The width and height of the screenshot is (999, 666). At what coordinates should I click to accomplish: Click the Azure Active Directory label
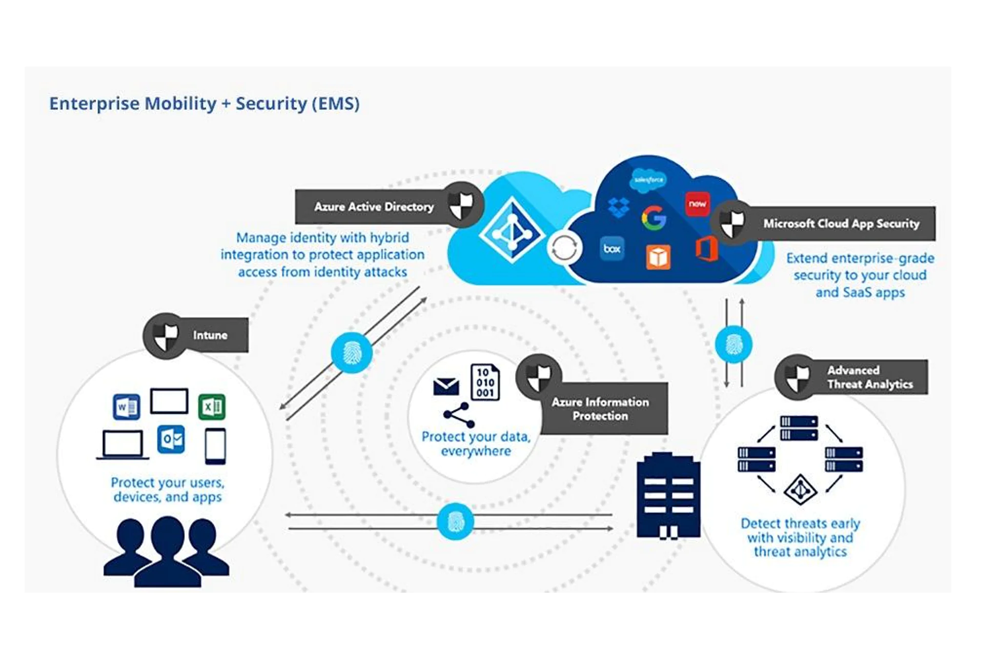pyautogui.click(x=374, y=207)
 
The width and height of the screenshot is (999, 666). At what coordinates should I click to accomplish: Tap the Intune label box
pyautogui.click(x=210, y=335)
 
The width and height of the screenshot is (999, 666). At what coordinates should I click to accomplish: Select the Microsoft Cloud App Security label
pyautogui.click(x=841, y=224)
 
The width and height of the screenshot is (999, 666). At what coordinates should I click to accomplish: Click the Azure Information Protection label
pyautogui.click(x=600, y=409)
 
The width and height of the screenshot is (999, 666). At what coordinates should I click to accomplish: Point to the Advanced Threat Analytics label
pyautogui.click(x=869, y=377)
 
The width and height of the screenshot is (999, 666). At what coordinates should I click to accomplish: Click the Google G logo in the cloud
pyautogui.click(x=654, y=218)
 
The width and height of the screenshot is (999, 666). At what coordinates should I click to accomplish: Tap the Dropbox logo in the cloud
pyautogui.click(x=619, y=207)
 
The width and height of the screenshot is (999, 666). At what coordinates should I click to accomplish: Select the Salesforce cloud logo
pyautogui.click(x=648, y=179)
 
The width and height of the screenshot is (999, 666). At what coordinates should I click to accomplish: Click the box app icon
pyautogui.click(x=612, y=249)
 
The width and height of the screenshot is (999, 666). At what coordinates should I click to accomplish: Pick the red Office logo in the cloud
pyautogui.click(x=707, y=249)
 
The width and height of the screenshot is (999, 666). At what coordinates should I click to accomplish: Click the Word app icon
pyautogui.click(x=126, y=407)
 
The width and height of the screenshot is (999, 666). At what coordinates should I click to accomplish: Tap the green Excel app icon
pyautogui.click(x=212, y=407)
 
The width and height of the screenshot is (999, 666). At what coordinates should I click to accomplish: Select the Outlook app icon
pyautogui.click(x=171, y=439)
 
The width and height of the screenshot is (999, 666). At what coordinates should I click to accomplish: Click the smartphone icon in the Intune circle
pyautogui.click(x=215, y=446)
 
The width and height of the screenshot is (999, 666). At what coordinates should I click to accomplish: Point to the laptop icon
pyautogui.click(x=123, y=445)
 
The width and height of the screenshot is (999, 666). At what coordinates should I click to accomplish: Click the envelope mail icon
pyautogui.click(x=446, y=387)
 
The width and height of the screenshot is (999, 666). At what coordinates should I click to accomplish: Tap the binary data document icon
pyautogui.click(x=485, y=382)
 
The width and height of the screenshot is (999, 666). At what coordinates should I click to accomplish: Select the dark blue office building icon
pyautogui.click(x=668, y=496)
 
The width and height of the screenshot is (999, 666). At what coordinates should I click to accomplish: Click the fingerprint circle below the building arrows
pyautogui.click(x=455, y=521)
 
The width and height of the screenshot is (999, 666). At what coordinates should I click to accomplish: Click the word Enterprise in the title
pyautogui.click(x=94, y=104)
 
